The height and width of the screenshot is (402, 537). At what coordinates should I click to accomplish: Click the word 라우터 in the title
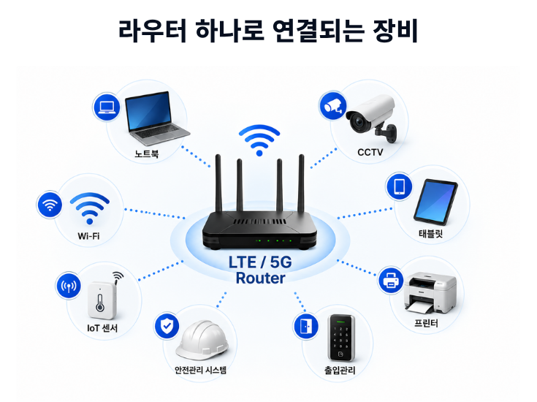(153, 31)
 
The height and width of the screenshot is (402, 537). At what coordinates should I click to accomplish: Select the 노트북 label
(147, 153)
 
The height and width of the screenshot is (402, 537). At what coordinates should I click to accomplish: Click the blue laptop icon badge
(107, 107)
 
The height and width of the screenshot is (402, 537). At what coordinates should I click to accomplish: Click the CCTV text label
(370, 152)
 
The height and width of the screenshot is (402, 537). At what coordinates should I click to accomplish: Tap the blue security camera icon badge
(333, 105)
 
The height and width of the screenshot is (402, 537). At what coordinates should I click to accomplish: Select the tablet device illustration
(435, 202)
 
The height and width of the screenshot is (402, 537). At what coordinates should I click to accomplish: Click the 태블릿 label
(431, 234)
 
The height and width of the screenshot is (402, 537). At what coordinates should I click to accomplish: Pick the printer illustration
(430, 293)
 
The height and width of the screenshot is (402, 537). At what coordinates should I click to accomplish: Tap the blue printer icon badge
(391, 280)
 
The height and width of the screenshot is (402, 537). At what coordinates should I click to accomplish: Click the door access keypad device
(341, 338)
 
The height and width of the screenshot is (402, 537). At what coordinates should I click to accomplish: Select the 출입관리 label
(340, 370)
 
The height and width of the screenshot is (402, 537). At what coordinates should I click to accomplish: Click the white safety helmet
(202, 340)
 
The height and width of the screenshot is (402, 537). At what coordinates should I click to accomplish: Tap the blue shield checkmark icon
(167, 325)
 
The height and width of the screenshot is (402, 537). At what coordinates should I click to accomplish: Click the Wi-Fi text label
(88, 236)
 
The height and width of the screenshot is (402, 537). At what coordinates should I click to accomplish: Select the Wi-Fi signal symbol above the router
(259, 140)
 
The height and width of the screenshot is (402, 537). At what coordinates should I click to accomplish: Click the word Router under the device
(261, 278)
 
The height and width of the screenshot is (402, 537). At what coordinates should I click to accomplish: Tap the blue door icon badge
(306, 326)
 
